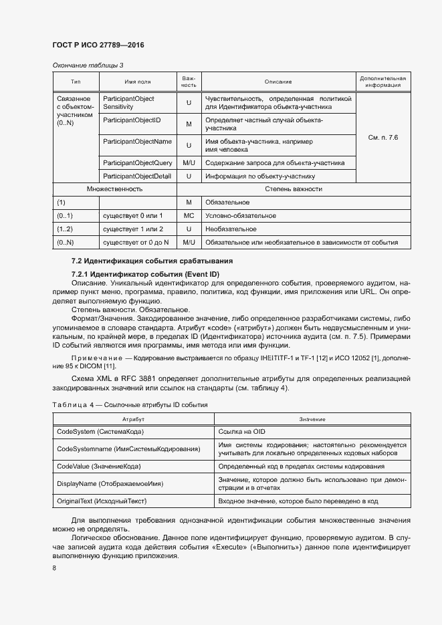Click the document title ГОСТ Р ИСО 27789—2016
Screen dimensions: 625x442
tap(98, 45)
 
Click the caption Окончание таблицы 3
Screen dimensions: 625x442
tap(88, 65)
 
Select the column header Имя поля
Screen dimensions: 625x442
tap(137, 82)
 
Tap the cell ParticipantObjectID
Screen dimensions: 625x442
tap(129, 120)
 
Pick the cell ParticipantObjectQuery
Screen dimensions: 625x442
tap(137, 162)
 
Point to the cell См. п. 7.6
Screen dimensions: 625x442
tap(383, 137)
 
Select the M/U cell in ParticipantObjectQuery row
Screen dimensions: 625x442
tap(189, 162)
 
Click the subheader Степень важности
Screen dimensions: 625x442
tap(294, 189)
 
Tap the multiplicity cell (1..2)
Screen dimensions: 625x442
tap(65, 229)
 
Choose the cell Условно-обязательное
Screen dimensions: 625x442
tap(241, 216)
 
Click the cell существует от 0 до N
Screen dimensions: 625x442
tap(136, 242)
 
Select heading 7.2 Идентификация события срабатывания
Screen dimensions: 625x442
tap(152, 260)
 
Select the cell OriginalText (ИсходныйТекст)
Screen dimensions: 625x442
tap(102, 501)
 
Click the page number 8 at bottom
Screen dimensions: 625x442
tap(55, 568)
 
